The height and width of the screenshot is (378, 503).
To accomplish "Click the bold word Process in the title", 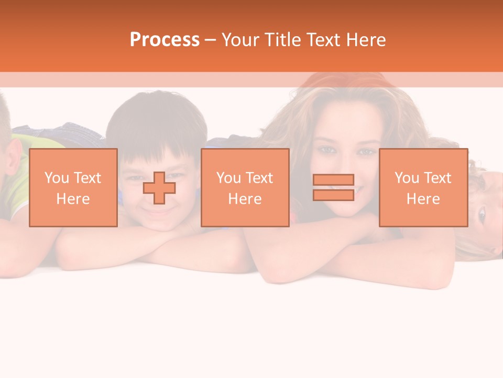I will click(x=165, y=39).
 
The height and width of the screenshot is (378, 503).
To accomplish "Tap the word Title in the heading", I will click(x=283, y=39).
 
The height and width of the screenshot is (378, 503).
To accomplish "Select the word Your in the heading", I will click(x=242, y=39).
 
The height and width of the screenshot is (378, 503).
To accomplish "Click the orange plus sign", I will click(x=159, y=188).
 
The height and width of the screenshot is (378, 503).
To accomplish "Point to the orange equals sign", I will click(x=333, y=187).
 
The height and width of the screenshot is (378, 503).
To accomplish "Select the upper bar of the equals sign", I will click(x=333, y=180).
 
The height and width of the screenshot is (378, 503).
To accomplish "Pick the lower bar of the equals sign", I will click(x=333, y=195).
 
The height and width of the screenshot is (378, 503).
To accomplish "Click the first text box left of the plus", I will click(x=73, y=187).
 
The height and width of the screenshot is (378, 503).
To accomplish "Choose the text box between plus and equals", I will click(x=245, y=187).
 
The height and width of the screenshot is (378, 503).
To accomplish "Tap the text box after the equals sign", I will click(x=423, y=187).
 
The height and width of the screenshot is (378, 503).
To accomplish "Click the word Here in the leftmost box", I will click(x=73, y=199).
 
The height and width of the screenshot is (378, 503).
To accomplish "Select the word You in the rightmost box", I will click(x=407, y=178).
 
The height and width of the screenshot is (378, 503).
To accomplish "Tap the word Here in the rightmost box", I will click(x=423, y=199).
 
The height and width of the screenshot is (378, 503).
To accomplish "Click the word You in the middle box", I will click(x=228, y=178).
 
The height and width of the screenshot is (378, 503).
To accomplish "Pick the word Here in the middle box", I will click(x=245, y=199).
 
